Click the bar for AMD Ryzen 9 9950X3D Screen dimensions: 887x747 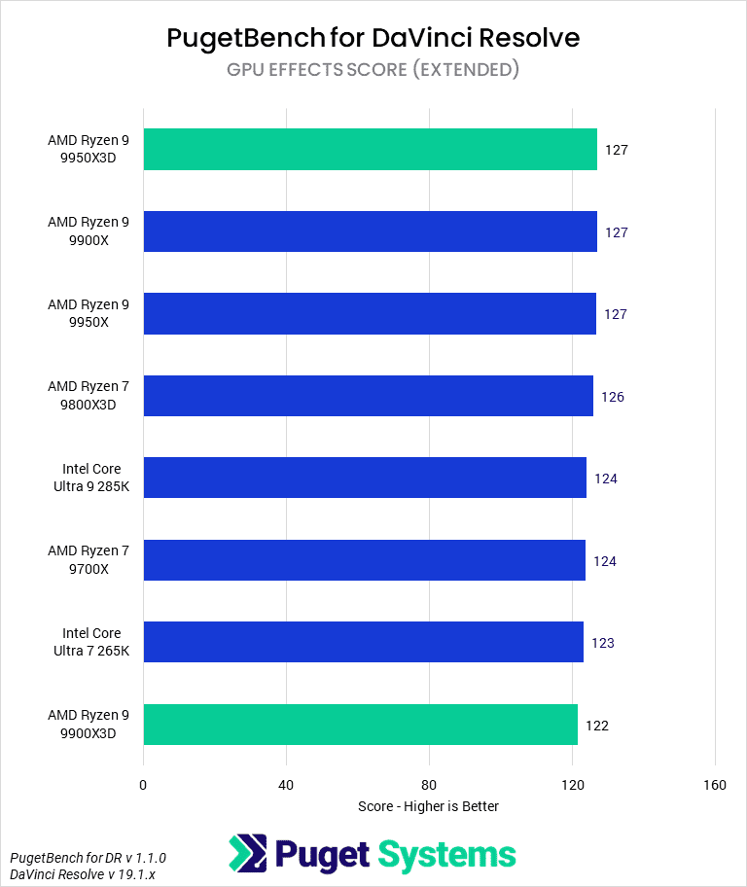tap(370, 150)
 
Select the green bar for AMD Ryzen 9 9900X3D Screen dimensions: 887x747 tap(360, 725)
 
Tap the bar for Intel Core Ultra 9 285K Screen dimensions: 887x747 tap(365, 478)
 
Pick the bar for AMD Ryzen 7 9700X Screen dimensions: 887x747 tap(364, 560)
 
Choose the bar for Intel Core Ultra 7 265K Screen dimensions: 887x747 tap(363, 642)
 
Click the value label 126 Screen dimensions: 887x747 tap(613, 397)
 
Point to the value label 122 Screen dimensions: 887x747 tap(597, 726)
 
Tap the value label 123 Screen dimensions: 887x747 tap(603, 643)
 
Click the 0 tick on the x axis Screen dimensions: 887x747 tap(143, 786)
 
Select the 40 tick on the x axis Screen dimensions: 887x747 tap(286, 786)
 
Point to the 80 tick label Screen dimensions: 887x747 tap(429, 786)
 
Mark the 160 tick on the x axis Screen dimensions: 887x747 tap(715, 786)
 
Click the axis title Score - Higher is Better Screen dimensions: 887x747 tap(428, 806)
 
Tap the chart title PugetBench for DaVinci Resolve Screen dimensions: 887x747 tap(373, 38)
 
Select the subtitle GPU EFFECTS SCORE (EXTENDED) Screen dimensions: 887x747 tap(373, 69)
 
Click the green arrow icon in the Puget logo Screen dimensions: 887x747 tap(248, 854)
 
